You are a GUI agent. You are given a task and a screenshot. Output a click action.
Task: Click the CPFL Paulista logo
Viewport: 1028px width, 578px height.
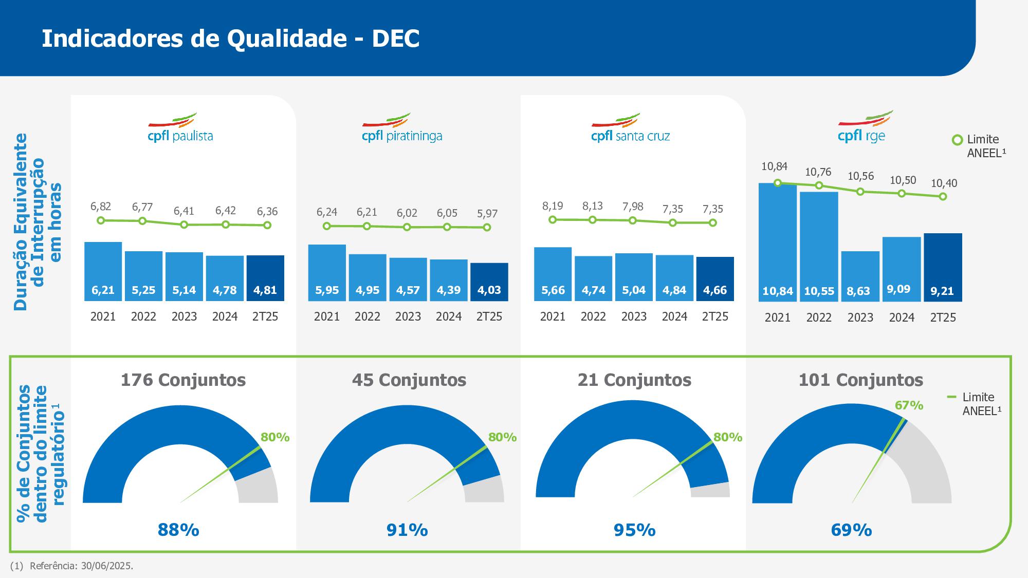tap(180, 128)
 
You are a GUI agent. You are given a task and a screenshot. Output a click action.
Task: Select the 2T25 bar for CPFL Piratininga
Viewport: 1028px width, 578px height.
tap(489, 282)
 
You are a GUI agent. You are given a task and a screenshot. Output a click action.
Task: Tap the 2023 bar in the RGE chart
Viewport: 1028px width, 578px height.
tap(860, 276)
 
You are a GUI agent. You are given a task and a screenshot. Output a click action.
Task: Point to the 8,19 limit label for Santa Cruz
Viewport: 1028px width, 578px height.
tap(553, 206)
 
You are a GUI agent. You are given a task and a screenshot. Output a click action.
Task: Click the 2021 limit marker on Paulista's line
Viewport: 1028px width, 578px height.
tap(101, 220)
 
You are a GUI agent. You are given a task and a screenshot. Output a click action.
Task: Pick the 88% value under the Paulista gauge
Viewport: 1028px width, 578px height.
tap(178, 530)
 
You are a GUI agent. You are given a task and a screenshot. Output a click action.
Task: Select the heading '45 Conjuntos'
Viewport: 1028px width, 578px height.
tap(409, 380)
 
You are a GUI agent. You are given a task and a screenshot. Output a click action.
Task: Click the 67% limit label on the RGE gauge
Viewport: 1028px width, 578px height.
tap(909, 405)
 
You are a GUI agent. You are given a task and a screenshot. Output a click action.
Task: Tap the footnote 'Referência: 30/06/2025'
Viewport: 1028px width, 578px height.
tap(81, 566)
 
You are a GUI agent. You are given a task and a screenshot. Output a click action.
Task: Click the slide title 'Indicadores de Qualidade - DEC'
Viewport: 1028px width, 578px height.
tap(230, 39)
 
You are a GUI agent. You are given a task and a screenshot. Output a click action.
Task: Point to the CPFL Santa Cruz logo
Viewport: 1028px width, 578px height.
tap(631, 128)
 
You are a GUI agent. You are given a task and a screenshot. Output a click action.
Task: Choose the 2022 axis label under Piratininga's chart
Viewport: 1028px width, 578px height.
tap(367, 316)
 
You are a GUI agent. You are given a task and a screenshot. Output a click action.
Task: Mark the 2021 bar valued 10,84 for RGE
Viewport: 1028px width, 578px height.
tap(777, 242)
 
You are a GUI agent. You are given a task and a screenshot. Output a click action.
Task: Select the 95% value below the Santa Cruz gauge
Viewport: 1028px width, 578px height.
tap(634, 530)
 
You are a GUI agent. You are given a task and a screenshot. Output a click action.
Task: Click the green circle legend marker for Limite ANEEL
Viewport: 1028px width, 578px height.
tap(957, 140)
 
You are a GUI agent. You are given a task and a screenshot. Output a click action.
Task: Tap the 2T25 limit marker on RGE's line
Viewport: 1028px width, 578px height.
tap(943, 196)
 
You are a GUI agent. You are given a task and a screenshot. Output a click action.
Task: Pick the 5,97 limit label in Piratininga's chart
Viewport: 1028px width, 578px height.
tap(487, 213)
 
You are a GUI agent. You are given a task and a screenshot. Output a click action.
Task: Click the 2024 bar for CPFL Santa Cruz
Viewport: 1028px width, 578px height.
tap(674, 277)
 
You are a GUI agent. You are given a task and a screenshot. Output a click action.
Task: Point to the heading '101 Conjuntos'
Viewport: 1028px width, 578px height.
tap(860, 380)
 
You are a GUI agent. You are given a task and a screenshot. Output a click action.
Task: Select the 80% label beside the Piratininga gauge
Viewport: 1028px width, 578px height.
tap(502, 437)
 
